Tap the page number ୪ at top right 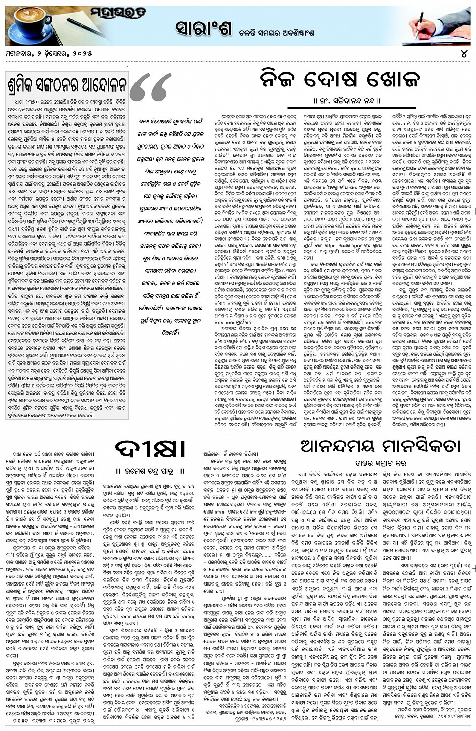[x=464, y=54]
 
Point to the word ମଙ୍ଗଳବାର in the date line [x=24, y=54]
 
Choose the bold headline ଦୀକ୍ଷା [x=143, y=449]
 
